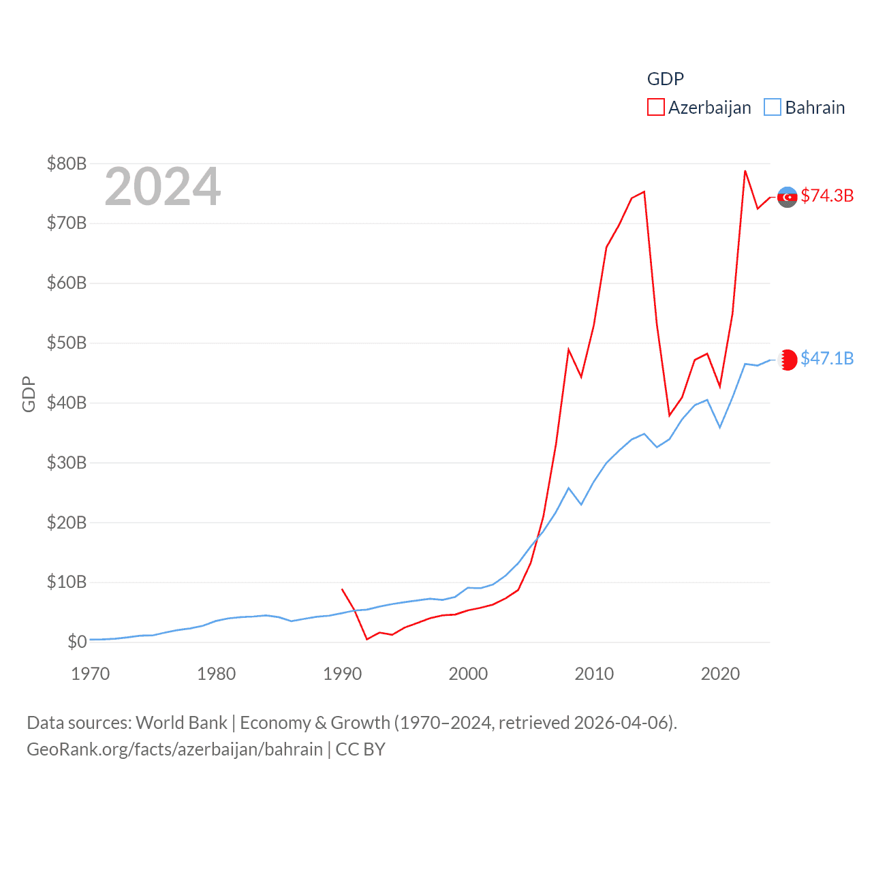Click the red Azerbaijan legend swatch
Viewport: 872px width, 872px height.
point(655,108)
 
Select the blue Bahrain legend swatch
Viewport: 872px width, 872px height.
point(772,108)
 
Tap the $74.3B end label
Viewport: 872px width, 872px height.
point(827,196)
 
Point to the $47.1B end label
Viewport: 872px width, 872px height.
point(827,358)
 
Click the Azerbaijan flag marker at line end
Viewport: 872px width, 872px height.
point(788,197)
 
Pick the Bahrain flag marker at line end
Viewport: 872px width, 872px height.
point(788,360)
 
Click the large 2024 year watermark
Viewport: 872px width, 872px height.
point(162,187)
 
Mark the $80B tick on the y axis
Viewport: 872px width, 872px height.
point(67,163)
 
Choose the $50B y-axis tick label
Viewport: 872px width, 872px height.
point(67,343)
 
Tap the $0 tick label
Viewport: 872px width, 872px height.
point(77,642)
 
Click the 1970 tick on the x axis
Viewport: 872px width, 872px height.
point(91,674)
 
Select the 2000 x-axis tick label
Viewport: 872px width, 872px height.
point(468,674)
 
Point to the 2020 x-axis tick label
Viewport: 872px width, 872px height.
point(720,674)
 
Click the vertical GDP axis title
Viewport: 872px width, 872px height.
point(29,394)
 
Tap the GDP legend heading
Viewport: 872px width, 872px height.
point(665,79)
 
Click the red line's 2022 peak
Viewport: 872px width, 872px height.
point(745,171)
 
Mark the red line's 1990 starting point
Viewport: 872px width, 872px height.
point(342,589)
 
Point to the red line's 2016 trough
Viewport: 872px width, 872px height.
point(670,416)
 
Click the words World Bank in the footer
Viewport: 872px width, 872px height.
point(181,722)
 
